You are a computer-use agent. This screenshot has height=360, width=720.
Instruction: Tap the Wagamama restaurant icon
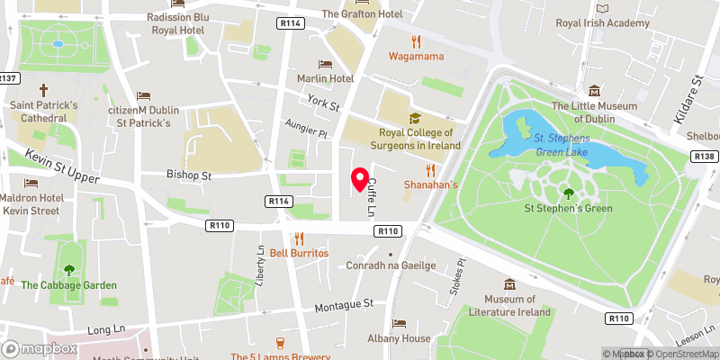coord(416,41)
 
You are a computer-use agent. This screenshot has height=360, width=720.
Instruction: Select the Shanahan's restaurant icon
coord(430,169)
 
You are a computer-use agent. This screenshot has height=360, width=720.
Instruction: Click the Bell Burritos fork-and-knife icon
coord(300,238)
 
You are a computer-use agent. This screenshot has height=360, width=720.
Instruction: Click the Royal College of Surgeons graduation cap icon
coord(414,118)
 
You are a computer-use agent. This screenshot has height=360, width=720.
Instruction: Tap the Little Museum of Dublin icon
coord(594,91)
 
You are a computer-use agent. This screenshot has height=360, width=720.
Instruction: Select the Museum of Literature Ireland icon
coord(510,284)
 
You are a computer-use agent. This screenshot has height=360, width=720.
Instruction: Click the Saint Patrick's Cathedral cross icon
coord(43,91)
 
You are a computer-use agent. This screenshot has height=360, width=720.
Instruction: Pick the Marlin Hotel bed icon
coord(325,64)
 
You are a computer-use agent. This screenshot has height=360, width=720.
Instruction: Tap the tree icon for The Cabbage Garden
coord(69,270)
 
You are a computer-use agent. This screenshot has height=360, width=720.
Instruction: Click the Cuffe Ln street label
coord(370,197)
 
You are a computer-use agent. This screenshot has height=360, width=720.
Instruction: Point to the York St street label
coord(322,103)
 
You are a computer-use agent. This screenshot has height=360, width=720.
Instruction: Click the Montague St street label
coord(343,306)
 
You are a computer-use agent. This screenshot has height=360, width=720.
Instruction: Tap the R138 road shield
coord(705,157)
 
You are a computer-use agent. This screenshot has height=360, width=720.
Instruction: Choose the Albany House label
coord(399,338)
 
